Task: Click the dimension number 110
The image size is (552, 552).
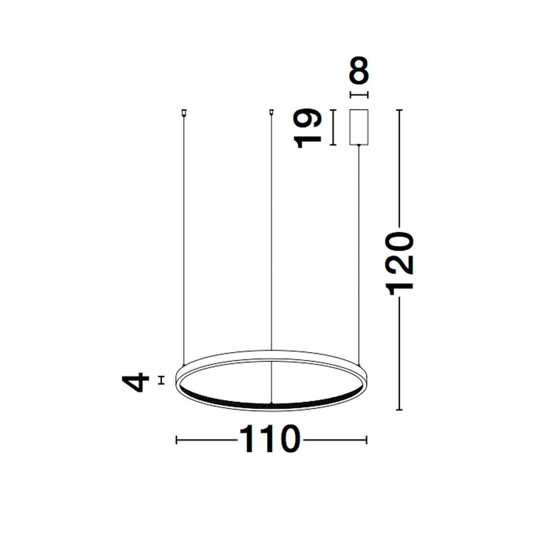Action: (270, 440)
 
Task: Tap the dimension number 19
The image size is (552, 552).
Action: (309, 128)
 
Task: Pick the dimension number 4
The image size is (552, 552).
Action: (136, 381)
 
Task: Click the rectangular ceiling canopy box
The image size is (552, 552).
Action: (359, 128)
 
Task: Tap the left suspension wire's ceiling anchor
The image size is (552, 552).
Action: (183, 113)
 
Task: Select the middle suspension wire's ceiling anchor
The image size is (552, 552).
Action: (271, 113)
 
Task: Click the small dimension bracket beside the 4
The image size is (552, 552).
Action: (161, 380)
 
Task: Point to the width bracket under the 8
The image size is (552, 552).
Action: (359, 95)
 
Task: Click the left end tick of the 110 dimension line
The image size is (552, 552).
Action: (176, 440)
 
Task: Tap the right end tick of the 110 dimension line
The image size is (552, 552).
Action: (367, 440)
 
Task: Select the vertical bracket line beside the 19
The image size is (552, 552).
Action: (333, 128)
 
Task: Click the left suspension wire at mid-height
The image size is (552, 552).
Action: (183, 237)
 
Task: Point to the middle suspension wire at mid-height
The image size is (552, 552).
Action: (271, 232)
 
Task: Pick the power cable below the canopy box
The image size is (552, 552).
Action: (359, 248)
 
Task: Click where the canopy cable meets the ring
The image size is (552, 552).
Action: (359, 363)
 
